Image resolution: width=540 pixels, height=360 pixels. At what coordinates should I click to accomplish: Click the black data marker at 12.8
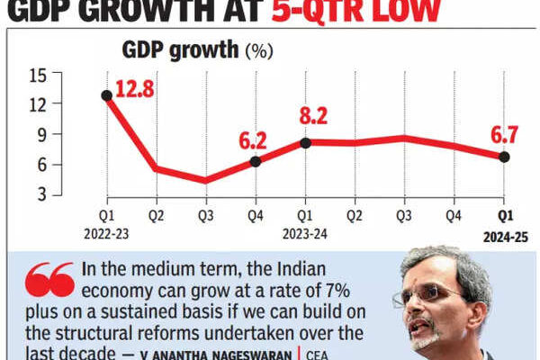pyautogui.click(x=107, y=94)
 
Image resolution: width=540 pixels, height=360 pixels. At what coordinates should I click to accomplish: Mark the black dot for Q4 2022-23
pyautogui.click(x=256, y=161)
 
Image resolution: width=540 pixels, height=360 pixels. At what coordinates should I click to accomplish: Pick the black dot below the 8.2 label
pyautogui.click(x=305, y=142)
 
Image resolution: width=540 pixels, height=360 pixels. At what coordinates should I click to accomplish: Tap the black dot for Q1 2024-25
pyautogui.click(x=504, y=157)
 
